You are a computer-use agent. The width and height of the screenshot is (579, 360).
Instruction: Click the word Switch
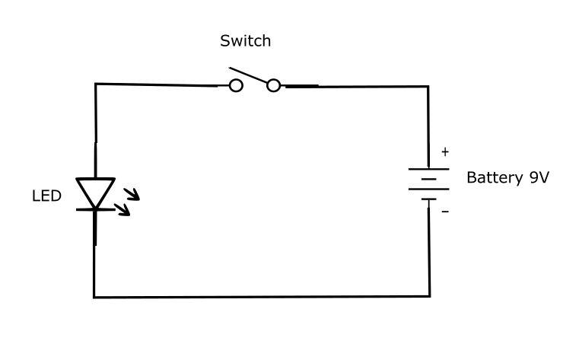pyautogui.click(x=245, y=41)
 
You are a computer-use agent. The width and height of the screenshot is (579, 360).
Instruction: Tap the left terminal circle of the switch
pyautogui.click(x=236, y=86)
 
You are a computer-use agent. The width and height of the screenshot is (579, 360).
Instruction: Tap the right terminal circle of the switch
pyautogui.click(x=273, y=86)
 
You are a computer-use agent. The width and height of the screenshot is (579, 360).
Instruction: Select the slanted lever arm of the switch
pyautogui.click(x=250, y=77)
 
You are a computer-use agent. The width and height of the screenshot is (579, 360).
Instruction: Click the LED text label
pyautogui.click(x=46, y=196)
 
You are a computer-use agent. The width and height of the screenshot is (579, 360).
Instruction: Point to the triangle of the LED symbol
pyautogui.click(x=95, y=190)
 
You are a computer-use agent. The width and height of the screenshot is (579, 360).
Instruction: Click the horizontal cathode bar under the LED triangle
pyautogui.click(x=95, y=208)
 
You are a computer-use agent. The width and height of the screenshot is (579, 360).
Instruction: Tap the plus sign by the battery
pyautogui.click(x=445, y=152)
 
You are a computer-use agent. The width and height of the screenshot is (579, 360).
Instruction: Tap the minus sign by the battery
pyautogui.click(x=445, y=212)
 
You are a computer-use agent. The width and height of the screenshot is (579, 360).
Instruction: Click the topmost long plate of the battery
pyautogui.click(x=428, y=169)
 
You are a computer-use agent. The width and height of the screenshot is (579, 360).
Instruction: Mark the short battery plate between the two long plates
pyautogui.click(x=428, y=180)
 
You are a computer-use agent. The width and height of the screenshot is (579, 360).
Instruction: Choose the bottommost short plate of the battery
pyautogui.click(x=428, y=200)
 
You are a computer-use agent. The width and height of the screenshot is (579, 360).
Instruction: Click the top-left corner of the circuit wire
pyautogui.click(x=96, y=84)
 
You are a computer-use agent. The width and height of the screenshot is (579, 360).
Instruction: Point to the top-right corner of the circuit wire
pyautogui.click(x=428, y=87)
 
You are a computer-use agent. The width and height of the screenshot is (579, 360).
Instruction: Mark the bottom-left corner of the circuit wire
pyautogui.click(x=94, y=296)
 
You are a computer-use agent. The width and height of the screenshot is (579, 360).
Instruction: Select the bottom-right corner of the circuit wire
pyautogui.click(x=428, y=296)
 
